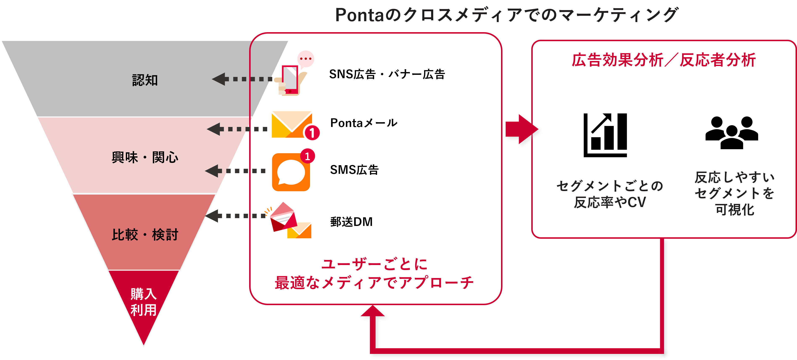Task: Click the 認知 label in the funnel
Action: [145, 80]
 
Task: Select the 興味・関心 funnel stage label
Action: [145, 157]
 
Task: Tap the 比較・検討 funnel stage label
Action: [145, 235]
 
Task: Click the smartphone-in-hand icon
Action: [293, 73]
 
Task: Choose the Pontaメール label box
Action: [403, 123]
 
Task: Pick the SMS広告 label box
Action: [407, 170]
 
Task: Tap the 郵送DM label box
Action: [398, 222]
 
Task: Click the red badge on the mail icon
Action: [312, 133]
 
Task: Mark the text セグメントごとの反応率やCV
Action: [609, 194]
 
